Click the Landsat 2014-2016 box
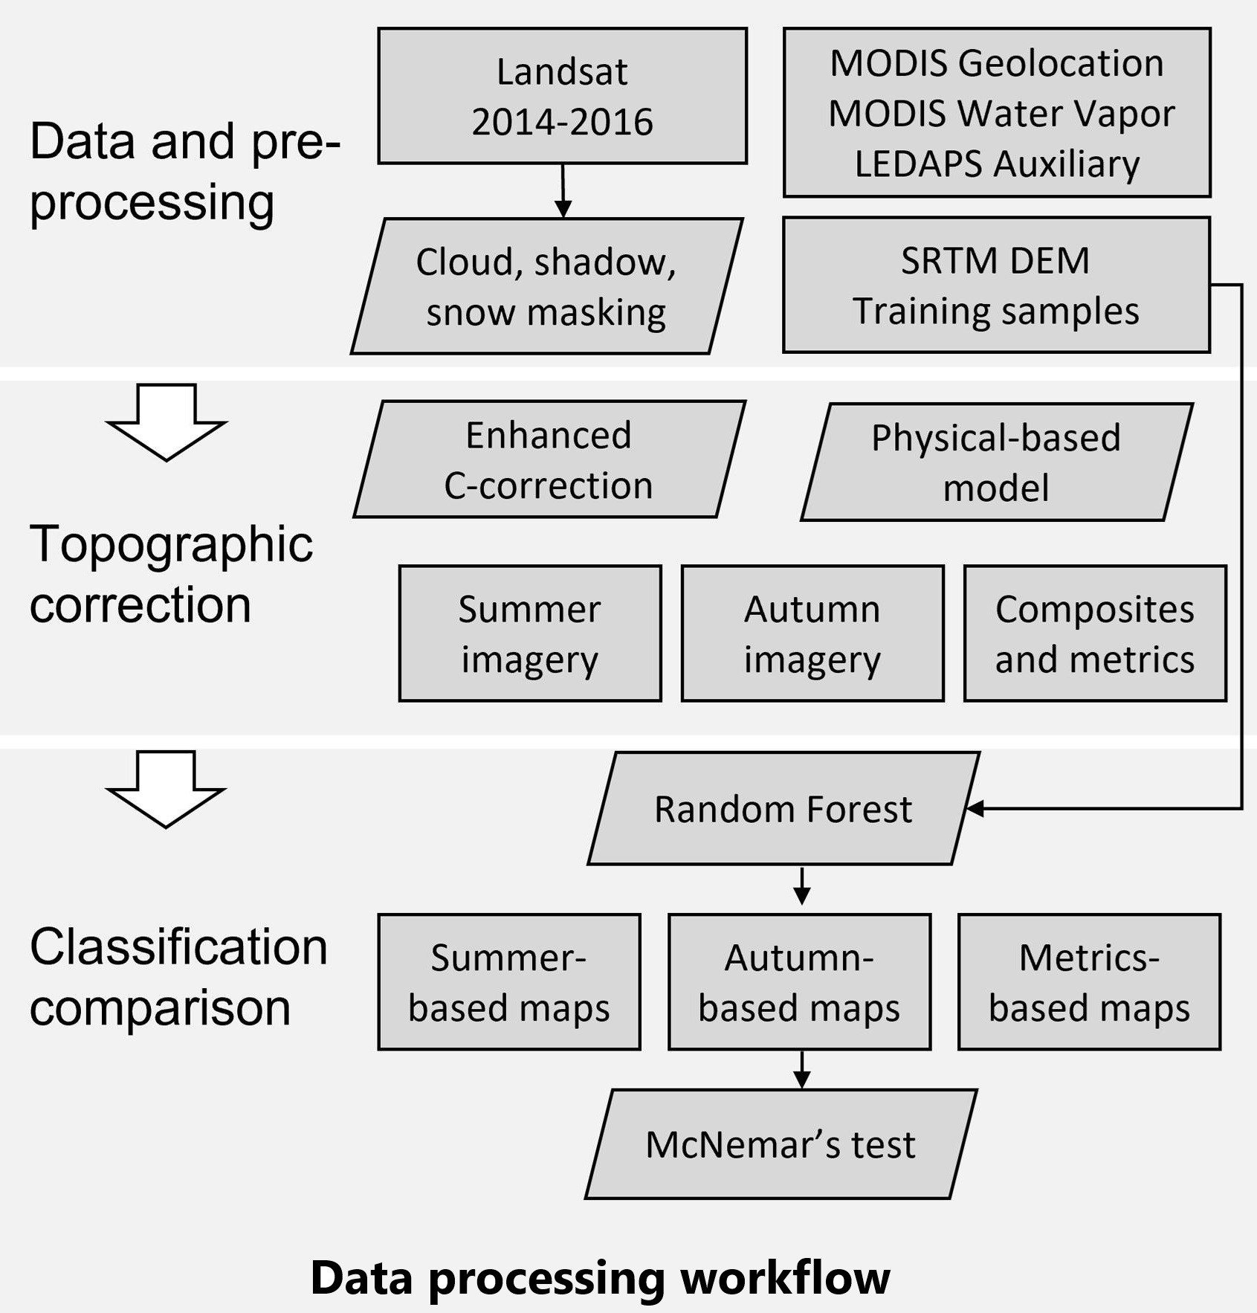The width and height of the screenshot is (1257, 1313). click(562, 96)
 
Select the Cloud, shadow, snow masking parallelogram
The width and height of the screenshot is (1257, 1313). click(546, 286)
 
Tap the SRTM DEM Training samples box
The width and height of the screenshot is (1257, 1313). click(996, 285)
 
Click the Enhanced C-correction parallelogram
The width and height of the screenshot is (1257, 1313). click(549, 459)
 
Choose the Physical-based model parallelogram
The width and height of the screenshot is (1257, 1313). click(996, 462)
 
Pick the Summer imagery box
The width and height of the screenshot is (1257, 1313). click(529, 633)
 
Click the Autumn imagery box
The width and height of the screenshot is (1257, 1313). click(812, 633)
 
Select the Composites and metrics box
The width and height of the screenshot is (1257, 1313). click(1095, 633)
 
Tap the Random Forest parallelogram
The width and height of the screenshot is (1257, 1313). click(783, 808)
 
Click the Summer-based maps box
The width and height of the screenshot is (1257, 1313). click(508, 982)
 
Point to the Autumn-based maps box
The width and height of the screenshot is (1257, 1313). click(799, 982)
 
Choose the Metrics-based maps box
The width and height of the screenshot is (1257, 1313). click(1089, 982)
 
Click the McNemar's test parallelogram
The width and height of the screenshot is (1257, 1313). click(781, 1144)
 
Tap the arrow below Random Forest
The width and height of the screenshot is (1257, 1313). click(801, 885)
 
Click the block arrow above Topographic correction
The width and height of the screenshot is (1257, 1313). click(167, 422)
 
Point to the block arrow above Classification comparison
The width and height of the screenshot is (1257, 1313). click(167, 789)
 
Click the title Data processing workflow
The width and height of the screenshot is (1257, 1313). click(600, 1278)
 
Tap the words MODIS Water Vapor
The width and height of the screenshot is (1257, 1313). click(1001, 114)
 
